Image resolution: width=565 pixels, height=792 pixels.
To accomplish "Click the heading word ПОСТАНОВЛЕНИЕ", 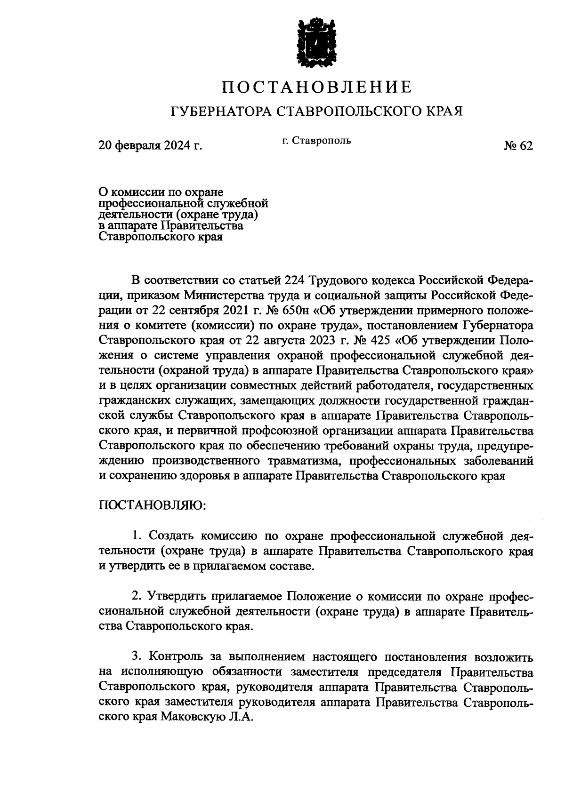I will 316,87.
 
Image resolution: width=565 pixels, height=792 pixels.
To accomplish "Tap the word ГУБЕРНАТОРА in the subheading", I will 220,112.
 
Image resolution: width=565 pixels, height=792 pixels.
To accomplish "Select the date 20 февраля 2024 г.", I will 150,146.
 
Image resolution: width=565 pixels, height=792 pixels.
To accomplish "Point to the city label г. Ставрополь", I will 316,140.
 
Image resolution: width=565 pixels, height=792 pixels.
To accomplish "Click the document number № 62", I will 518,146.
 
